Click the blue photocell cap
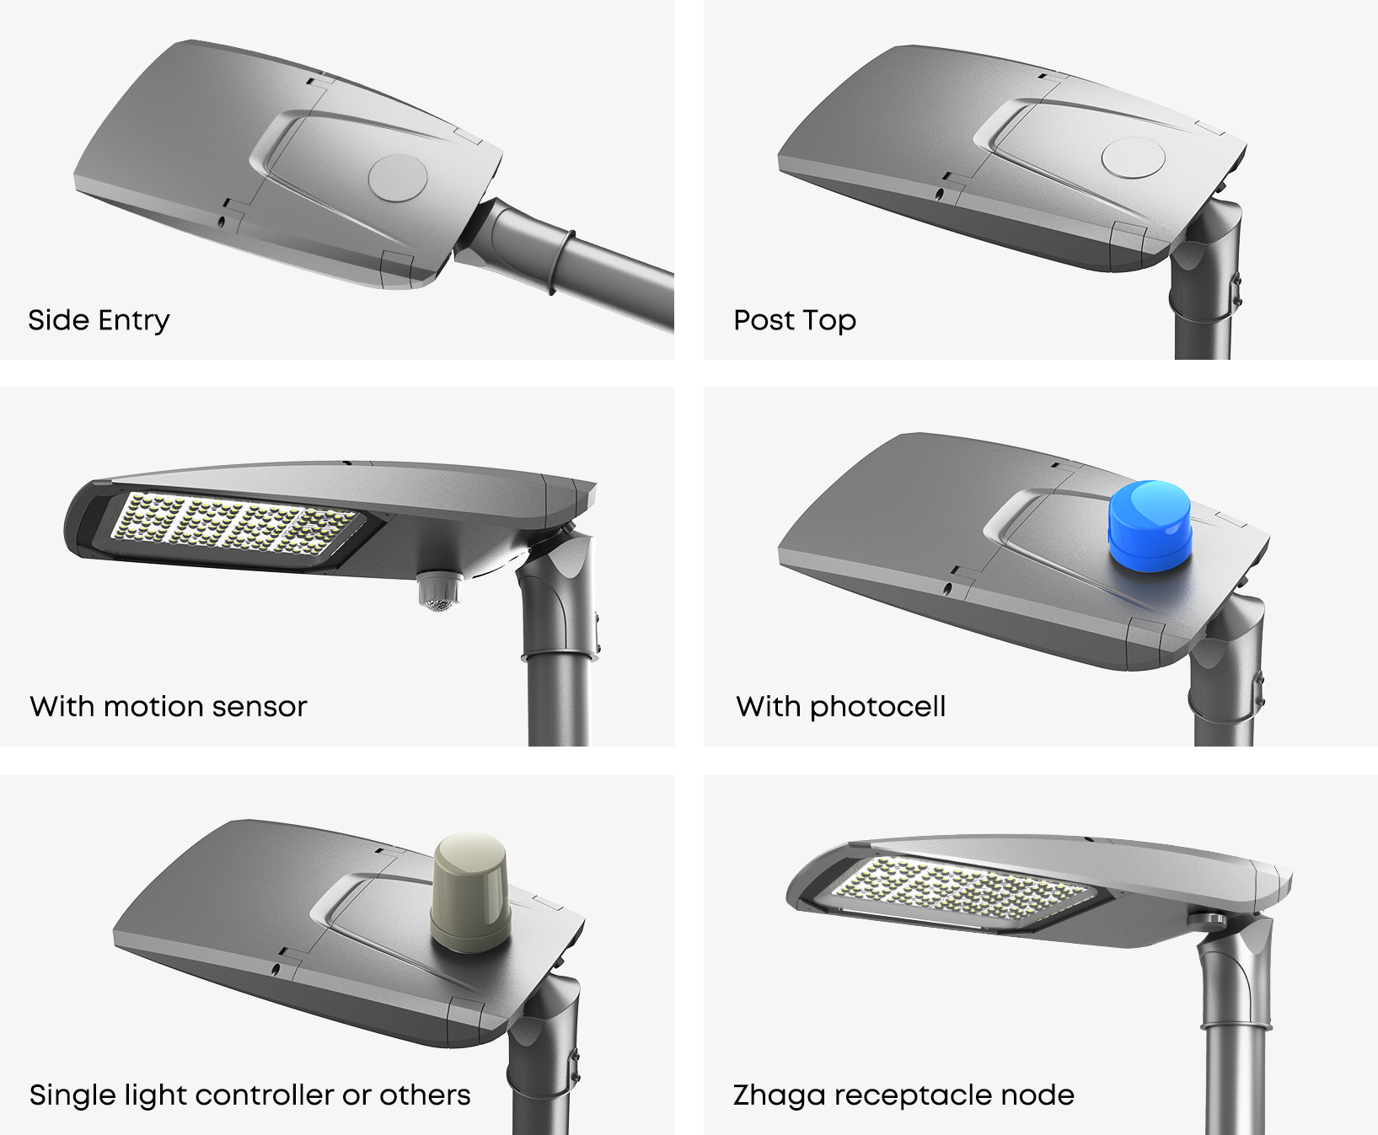coord(1150,526)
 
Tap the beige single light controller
coord(469,892)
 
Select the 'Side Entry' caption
coord(99,320)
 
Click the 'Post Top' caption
coord(795,320)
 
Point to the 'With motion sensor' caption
coord(169,706)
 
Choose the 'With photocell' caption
coord(840,706)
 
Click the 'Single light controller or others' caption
coord(249,1095)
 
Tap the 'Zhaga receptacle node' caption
coord(903,1095)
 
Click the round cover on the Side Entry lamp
coord(398,178)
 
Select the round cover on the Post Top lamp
coord(1134,157)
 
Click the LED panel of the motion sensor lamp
coord(236,525)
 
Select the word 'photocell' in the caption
coord(877,706)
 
